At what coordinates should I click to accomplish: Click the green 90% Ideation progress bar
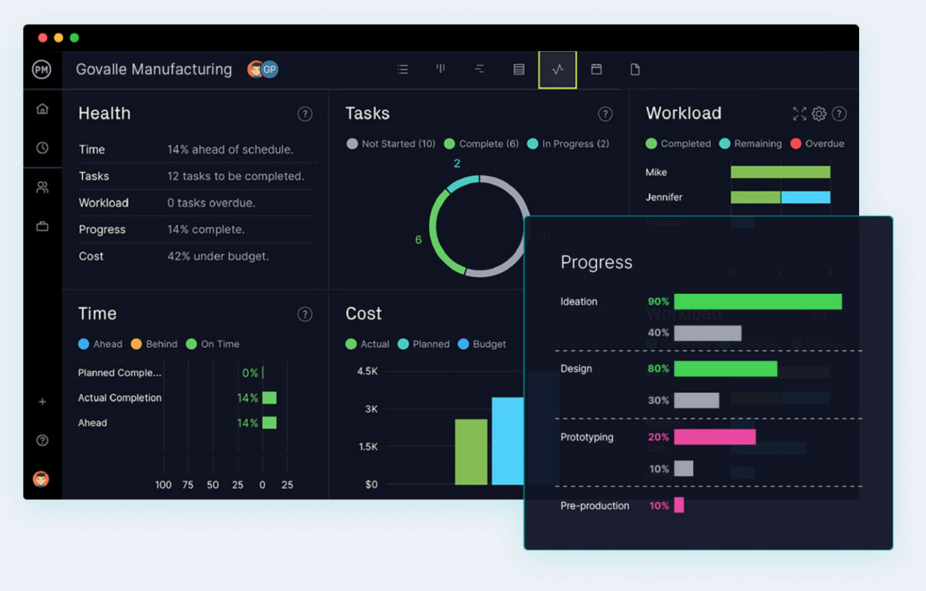click(757, 302)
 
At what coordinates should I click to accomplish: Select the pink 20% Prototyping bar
click(714, 437)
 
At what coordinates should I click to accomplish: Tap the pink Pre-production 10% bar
click(679, 505)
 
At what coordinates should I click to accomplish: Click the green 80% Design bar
click(725, 368)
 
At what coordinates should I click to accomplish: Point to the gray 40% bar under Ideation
click(707, 333)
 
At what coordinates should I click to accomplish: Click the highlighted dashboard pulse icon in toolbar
click(558, 69)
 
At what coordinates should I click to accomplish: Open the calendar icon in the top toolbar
click(596, 69)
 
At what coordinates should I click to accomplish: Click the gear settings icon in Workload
click(819, 113)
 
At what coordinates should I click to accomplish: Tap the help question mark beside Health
click(305, 114)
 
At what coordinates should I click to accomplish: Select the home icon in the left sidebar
click(42, 109)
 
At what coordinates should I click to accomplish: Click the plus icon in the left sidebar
click(42, 402)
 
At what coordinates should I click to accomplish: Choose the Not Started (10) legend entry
click(391, 144)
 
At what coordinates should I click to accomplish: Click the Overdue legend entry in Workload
click(817, 144)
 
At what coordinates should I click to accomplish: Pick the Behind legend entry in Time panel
click(154, 344)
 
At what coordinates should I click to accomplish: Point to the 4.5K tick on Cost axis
click(367, 371)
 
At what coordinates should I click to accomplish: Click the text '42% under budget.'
click(218, 256)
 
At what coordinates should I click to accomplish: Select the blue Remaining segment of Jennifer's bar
click(805, 197)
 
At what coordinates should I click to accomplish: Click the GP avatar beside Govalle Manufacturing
click(270, 69)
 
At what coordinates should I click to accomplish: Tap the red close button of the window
click(43, 38)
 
